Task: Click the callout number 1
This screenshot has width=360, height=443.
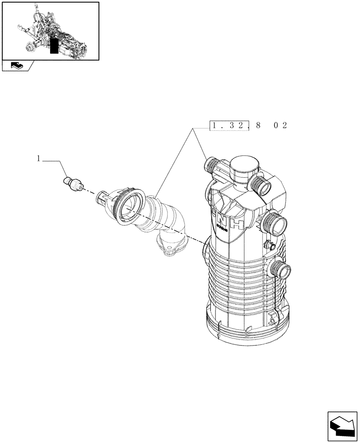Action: click(39, 158)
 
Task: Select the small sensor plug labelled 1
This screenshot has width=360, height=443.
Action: click(73, 183)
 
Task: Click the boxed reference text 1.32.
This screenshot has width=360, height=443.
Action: click(228, 126)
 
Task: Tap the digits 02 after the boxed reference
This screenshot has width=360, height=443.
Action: click(280, 126)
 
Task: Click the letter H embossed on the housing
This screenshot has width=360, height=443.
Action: click(238, 225)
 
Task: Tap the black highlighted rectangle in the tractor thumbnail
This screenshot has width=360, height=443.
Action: click(54, 46)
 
